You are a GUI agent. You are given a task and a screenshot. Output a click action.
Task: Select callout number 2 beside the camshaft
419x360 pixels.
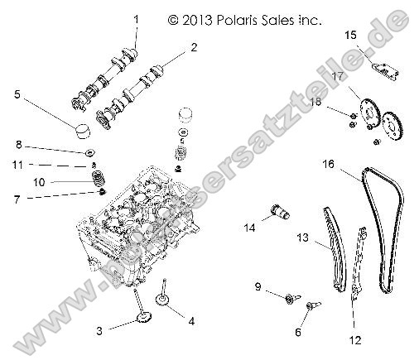[x=194, y=49]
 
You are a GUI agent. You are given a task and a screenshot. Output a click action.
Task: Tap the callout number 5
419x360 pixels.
[x=17, y=94]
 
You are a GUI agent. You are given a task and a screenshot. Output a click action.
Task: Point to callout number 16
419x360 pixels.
[x=329, y=165]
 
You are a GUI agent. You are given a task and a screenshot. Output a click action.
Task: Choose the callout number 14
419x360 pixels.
[x=249, y=226]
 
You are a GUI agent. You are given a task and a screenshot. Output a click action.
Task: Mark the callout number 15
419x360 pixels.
[x=350, y=34]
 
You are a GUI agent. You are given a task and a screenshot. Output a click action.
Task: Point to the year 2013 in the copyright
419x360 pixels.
[x=194, y=17]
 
